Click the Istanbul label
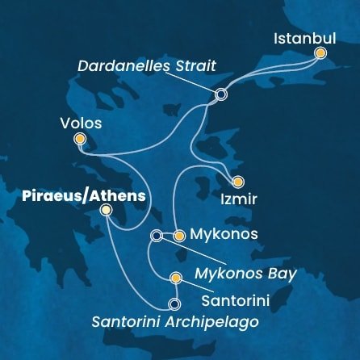point(302,38)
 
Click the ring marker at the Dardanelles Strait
point(221,94)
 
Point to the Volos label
point(81,123)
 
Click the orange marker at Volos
point(79,139)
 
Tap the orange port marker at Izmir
point(237,182)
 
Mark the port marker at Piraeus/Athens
point(107,211)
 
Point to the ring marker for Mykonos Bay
point(157,236)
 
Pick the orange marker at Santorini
point(176,278)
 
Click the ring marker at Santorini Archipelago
point(174,305)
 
